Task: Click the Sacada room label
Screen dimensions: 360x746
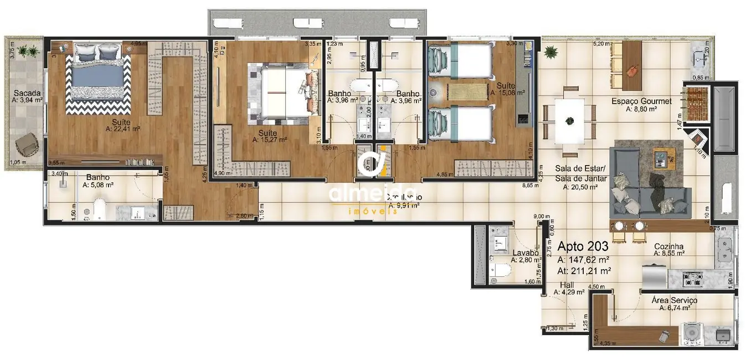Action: coord(24,92)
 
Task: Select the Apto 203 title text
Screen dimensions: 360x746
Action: coord(583,246)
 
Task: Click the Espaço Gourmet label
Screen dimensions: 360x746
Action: coord(641,101)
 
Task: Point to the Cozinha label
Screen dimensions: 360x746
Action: coord(668,246)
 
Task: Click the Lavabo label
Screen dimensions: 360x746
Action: coord(523,252)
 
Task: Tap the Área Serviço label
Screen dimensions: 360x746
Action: coord(674,300)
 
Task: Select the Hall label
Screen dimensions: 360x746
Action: coord(567,285)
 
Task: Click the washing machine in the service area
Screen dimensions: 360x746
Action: coord(690,332)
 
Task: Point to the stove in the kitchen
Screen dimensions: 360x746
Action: coord(692,276)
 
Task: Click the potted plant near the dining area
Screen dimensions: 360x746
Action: coord(551,53)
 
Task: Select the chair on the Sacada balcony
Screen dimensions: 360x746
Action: coord(25,146)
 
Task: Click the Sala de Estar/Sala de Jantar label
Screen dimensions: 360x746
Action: coord(580,174)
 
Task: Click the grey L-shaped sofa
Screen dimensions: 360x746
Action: coord(649,194)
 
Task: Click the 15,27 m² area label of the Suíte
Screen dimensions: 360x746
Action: coord(271,140)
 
